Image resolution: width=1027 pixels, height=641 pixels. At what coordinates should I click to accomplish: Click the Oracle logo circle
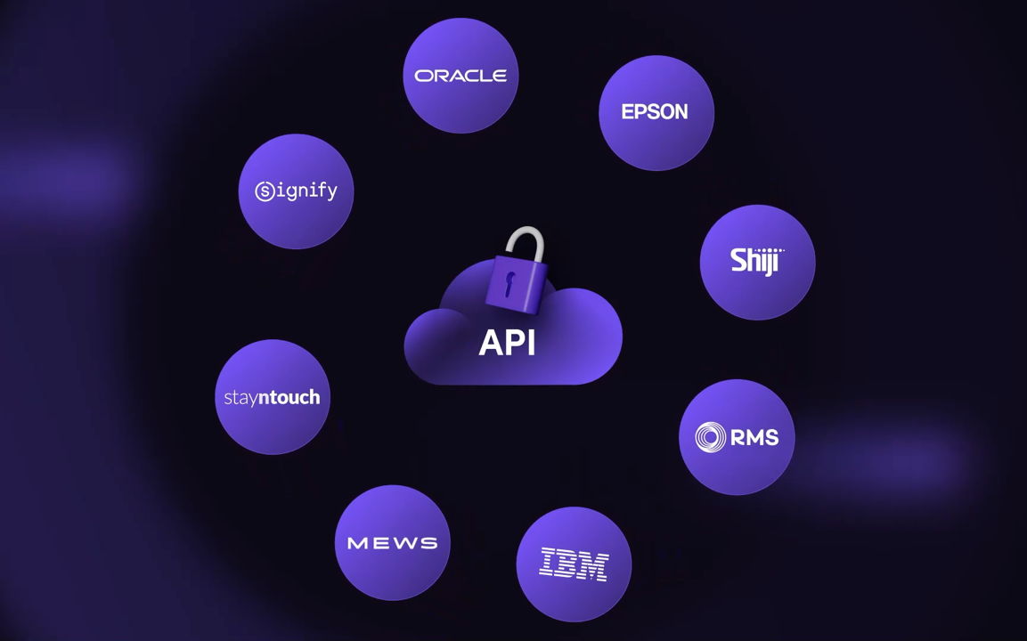pyautogui.click(x=460, y=76)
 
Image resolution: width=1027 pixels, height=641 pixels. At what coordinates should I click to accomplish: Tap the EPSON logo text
pyautogui.click(x=655, y=112)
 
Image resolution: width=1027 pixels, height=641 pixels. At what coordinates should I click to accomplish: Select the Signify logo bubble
pyautogui.click(x=296, y=191)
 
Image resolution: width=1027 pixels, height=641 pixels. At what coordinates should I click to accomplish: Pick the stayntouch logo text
pyautogui.click(x=272, y=397)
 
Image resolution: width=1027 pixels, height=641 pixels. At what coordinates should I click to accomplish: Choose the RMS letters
pyautogui.click(x=754, y=437)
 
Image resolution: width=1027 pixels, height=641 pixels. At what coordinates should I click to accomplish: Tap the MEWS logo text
pyautogui.click(x=392, y=543)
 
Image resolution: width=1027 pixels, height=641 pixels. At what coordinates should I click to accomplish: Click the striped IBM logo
pyautogui.click(x=574, y=564)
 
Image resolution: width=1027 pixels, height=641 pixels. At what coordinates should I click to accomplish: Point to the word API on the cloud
pyautogui.click(x=507, y=343)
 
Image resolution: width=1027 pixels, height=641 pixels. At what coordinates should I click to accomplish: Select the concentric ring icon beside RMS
pyautogui.click(x=711, y=437)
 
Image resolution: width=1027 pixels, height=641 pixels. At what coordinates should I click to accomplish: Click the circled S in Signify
pyautogui.click(x=264, y=191)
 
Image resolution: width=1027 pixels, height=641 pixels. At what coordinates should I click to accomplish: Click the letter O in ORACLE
pyautogui.click(x=423, y=77)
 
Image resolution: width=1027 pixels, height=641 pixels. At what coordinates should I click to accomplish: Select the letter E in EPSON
pyautogui.click(x=627, y=112)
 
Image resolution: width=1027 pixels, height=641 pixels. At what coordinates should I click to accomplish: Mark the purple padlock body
pyautogui.click(x=512, y=285)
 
